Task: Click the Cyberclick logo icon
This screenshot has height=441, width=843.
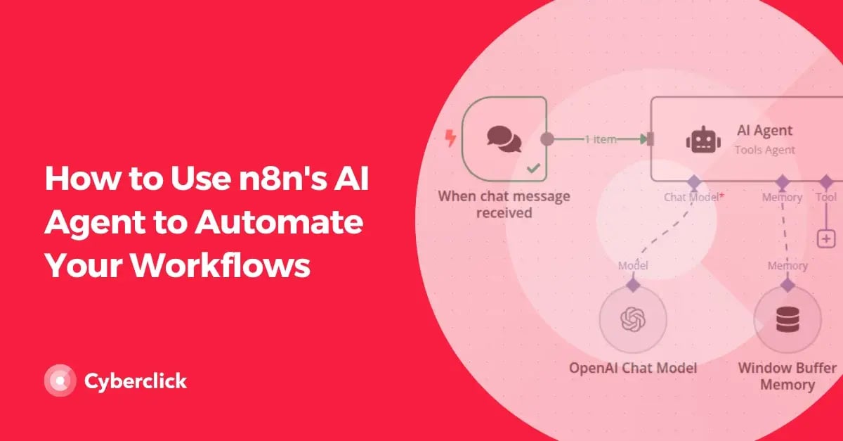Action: (x=60, y=381)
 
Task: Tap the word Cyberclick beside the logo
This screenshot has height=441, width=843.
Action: (x=136, y=381)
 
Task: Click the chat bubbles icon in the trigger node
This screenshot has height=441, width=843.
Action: (x=504, y=139)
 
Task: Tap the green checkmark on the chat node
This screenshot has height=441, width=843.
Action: (x=534, y=168)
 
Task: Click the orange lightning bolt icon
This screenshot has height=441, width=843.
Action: (x=451, y=139)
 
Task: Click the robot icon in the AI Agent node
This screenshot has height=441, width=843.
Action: (x=703, y=139)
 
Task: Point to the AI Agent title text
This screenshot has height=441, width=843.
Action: (x=764, y=130)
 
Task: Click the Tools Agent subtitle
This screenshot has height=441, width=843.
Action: (x=764, y=150)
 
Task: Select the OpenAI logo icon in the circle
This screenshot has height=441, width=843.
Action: (x=632, y=320)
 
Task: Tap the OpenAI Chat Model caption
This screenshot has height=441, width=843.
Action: (x=632, y=368)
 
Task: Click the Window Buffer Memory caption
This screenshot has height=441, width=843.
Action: (x=787, y=376)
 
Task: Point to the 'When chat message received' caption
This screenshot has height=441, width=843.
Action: (x=504, y=204)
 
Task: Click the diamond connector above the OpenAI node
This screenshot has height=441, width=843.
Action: (x=632, y=285)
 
